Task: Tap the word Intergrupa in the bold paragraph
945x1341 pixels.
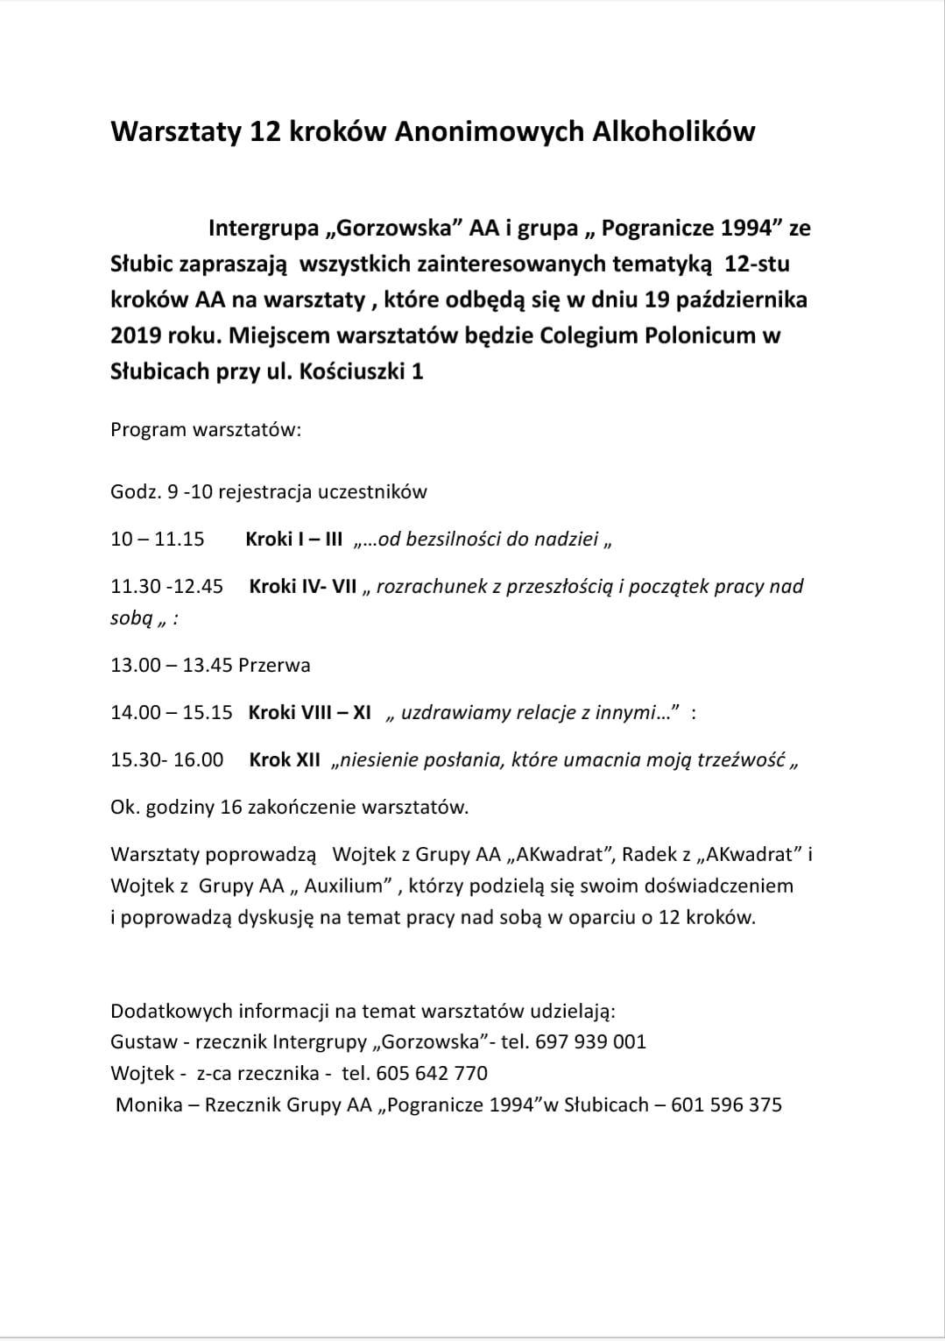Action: click(264, 229)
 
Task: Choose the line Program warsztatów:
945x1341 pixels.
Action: click(206, 430)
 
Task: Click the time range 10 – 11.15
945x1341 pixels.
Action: click(158, 539)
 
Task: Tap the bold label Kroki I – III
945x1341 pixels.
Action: click(294, 539)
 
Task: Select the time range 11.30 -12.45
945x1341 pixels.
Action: click(167, 586)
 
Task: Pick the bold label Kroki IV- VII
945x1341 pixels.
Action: click(303, 586)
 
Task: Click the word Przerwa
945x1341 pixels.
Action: click(274, 665)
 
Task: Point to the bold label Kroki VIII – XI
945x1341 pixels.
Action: click(310, 712)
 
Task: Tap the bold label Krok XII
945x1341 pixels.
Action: click(285, 759)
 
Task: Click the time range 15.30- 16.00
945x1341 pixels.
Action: click(167, 759)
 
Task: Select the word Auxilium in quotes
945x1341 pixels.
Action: click(344, 886)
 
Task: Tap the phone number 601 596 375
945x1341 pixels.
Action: click(726, 1105)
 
